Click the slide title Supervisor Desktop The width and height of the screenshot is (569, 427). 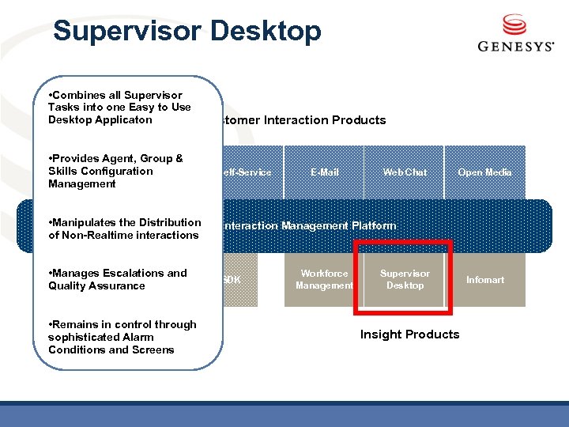pyautogui.click(x=187, y=32)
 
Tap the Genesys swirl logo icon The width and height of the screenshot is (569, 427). pyautogui.click(x=514, y=25)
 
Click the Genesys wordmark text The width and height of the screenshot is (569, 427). pyautogui.click(x=515, y=47)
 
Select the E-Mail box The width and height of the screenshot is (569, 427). pyautogui.click(x=324, y=172)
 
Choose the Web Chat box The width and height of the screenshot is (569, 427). pyautogui.click(x=405, y=172)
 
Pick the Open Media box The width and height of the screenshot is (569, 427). pyautogui.click(x=484, y=172)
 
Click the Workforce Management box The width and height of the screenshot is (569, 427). pyautogui.click(x=324, y=280)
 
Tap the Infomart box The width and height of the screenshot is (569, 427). pyautogui.click(x=484, y=280)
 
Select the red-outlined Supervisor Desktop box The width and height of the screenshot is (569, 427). pyautogui.click(x=405, y=280)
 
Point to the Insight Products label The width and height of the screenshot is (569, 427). pyautogui.click(x=409, y=334)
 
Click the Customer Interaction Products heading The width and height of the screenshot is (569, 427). pyautogui.click(x=304, y=120)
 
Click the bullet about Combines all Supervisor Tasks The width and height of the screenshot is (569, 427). pyautogui.click(x=119, y=108)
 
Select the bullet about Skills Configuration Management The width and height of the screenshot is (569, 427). pyautogui.click(x=115, y=171)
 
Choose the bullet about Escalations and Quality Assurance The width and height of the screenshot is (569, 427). pyautogui.click(x=117, y=279)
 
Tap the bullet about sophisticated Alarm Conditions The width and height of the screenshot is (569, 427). pyautogui.click(x=122, y=337)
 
